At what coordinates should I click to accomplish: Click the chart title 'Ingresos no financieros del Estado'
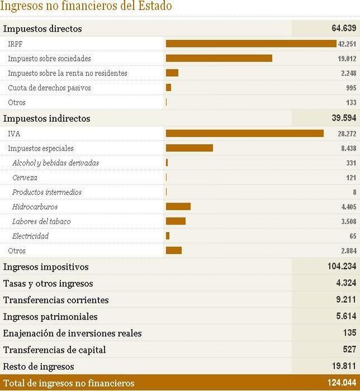(x=86, y=6)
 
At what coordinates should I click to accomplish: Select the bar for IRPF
(x=251, y=44)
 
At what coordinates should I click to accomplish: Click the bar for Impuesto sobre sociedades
(x=219, y=58)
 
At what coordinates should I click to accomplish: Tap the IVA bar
(x=245, y=133)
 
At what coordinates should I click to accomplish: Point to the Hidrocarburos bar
(x=178, y=207)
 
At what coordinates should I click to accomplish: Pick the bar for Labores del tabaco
(x=176, y=221)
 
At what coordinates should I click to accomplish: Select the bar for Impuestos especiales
(x=190, y=148)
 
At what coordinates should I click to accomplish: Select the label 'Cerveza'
(x=25, y=178)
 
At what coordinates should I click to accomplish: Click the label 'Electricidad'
(x=30, y=236)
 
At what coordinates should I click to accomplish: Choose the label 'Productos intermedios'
(x=47, y=192)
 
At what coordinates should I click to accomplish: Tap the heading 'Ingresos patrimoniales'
(x=50, y=317)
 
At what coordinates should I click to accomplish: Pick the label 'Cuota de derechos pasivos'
(x=49, y=88)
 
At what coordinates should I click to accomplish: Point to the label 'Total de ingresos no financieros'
(x=69, y=383)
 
